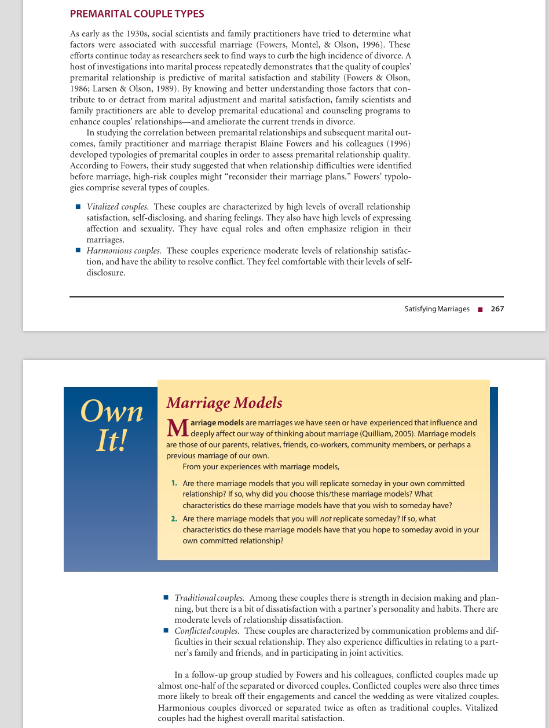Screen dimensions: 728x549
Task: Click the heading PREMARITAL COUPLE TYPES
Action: [137, 13]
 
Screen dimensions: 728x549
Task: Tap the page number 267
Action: [497, 309]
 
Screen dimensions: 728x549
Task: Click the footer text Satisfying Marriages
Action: [437, 309]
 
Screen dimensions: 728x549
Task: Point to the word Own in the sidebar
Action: [112, 411]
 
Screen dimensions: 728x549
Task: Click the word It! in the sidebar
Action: [112, 441]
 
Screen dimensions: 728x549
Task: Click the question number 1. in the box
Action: [174, 483]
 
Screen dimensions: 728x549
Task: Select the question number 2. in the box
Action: [174, 519]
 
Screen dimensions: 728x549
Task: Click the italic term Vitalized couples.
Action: [118, 207]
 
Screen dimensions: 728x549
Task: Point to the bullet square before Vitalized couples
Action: [78, 207]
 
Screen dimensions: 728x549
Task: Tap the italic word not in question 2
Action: [312, 519]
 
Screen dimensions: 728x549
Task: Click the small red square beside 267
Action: [480, 310]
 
